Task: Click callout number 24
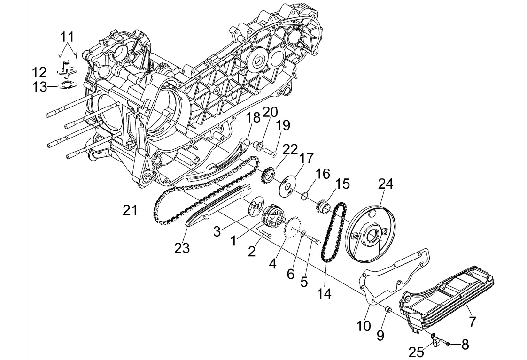[x=386, y=184]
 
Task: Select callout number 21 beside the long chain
[x=130, y=211]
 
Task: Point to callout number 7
[x=472, y=322]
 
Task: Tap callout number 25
[x=417, y=352]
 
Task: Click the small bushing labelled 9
[x=388, y=309]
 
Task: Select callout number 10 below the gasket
[x=364, y=325]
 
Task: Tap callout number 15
[x=342, y=184]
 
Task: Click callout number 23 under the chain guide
[x=182, y=248]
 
